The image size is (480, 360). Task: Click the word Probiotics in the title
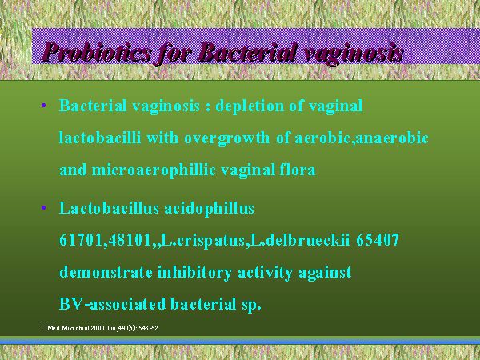click(x=97, y=52)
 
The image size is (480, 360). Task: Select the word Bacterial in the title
click(x=248, y=52)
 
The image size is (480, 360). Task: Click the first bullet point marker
click(x=43, y=106)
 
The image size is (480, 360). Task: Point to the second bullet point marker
click(x=43, y=209)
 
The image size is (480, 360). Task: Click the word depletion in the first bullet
click(x=250, y=106)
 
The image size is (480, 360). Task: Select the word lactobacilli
click(x=100, y=138)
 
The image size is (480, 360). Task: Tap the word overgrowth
click(x=226, y=138)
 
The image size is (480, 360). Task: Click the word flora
click(x=298, y=170)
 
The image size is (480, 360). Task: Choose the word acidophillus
click(x=210, y=209)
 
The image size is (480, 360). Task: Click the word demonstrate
click(x=106, y=272)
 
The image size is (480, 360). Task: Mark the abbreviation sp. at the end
click(x=252, y=306)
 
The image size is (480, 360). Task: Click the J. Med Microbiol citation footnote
click(x=99, y=328)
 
